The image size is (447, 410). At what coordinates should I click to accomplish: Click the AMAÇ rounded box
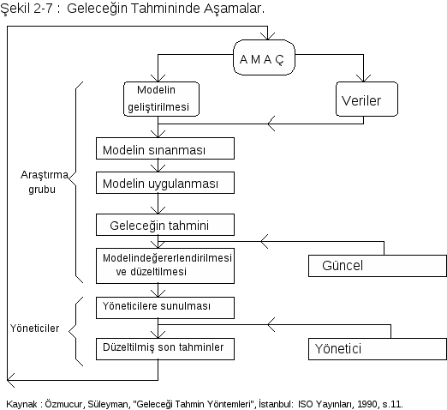pos(264,57)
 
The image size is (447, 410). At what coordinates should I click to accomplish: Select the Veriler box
pos(367,99)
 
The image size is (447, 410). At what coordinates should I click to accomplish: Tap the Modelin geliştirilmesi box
pos(161,99)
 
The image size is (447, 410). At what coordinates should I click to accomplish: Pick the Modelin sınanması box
pos(165,148)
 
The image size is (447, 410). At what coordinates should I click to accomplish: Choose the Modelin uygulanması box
pos(165,183)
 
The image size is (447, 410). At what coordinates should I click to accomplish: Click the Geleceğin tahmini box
pos(165,225)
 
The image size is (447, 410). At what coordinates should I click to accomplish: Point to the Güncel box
pos(378,266)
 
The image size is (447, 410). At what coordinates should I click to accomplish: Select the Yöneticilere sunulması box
pos(165,308)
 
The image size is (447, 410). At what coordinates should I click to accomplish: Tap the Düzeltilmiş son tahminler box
pos(165,349)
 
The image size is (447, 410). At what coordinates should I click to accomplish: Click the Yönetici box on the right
pos(378,349)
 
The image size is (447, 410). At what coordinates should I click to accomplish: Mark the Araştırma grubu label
pos(45,182)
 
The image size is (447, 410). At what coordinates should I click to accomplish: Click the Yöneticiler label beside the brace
pos(34,329)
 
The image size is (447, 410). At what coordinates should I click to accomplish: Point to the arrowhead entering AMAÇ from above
pos(267,36)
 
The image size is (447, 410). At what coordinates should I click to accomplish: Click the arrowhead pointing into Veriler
pos(363,78)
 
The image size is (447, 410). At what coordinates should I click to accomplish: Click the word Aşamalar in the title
pos(234,9)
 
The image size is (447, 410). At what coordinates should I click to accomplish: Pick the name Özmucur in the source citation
pos(64,404)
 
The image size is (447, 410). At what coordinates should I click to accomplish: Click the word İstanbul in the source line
pos(276,404)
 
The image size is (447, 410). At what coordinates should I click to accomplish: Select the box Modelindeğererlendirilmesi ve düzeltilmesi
pos(165,266)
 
